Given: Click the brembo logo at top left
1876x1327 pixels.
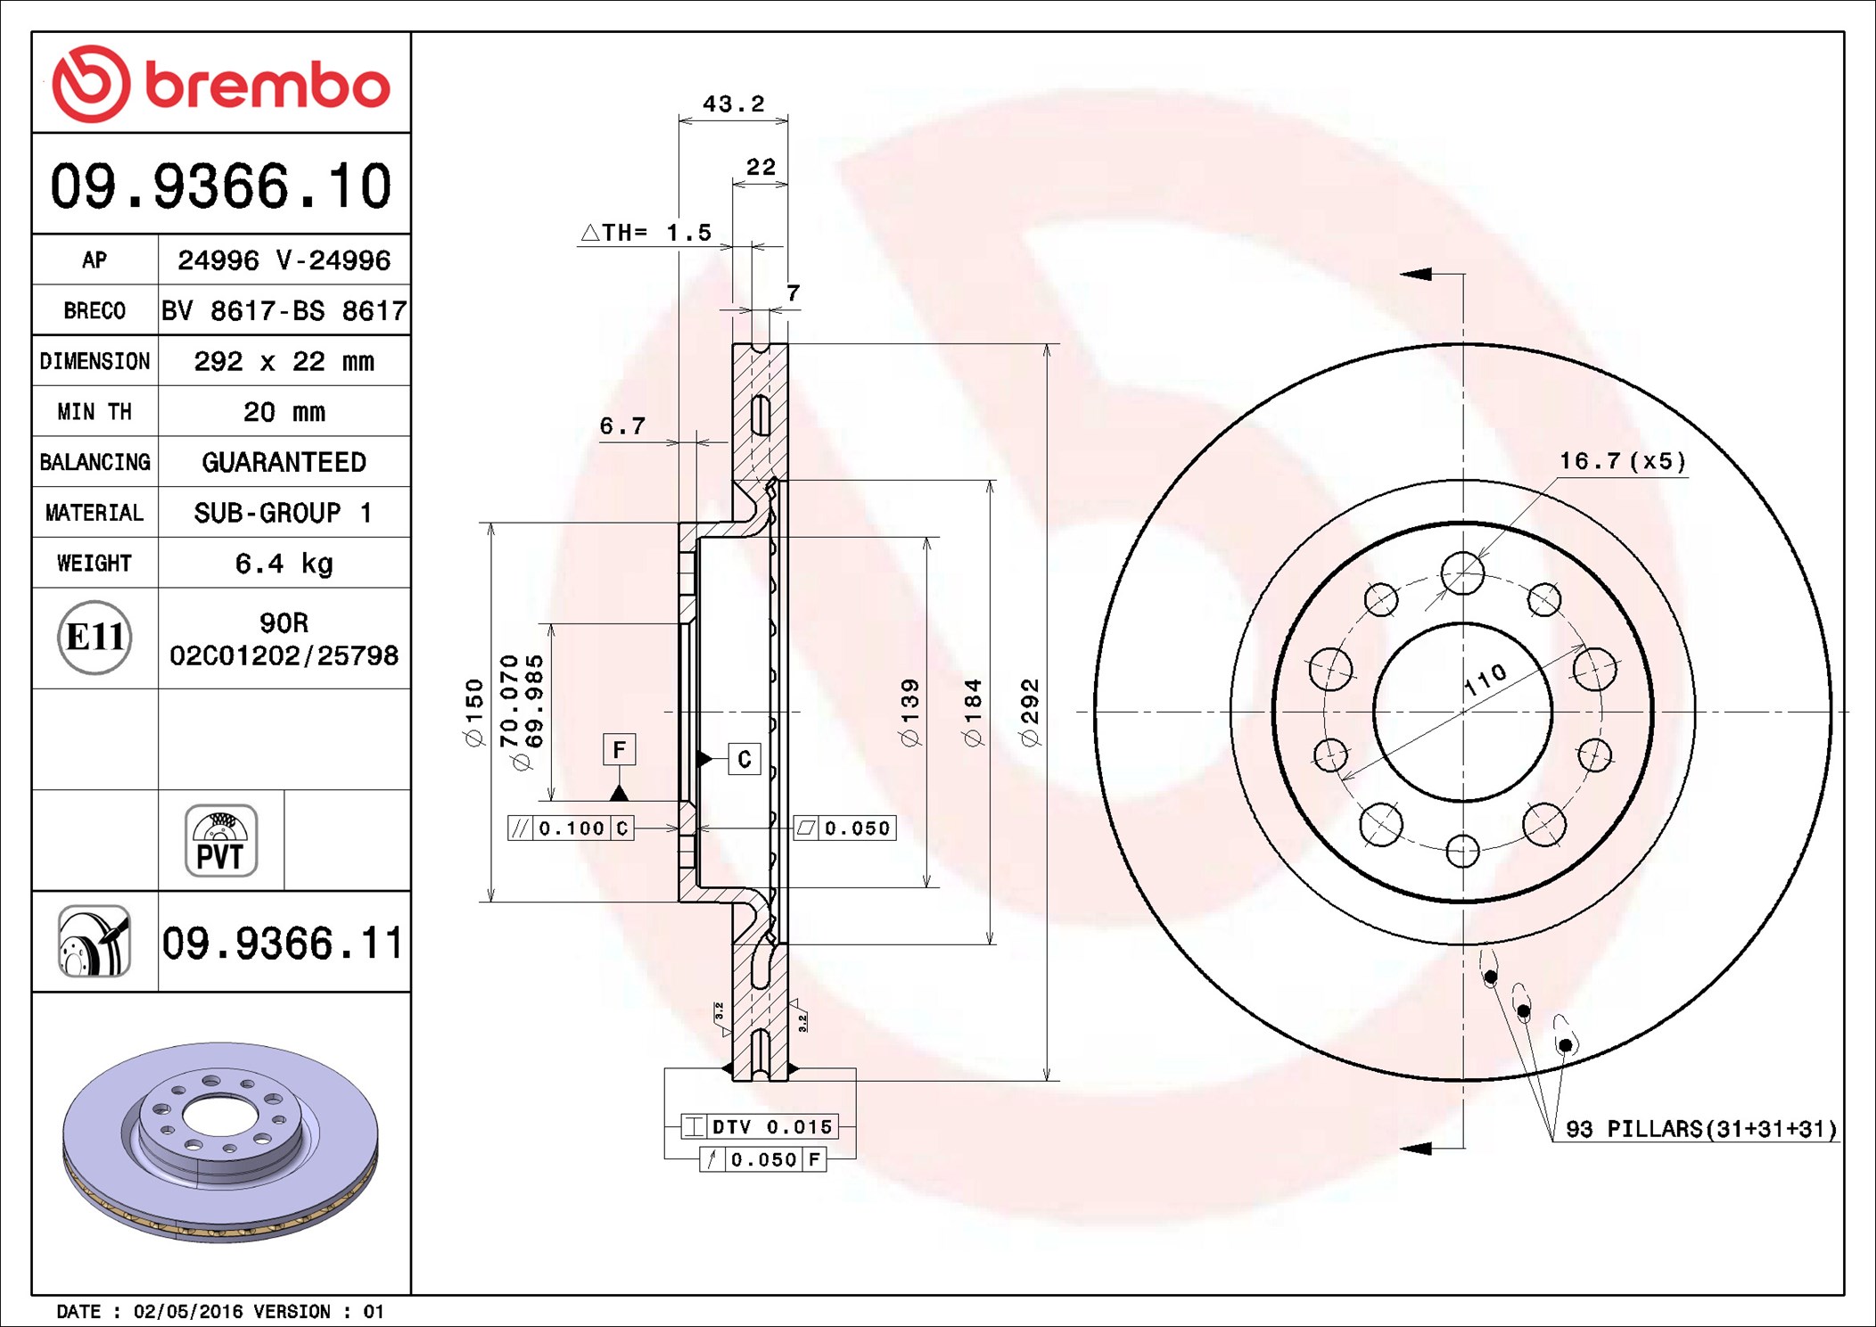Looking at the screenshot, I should coord(221,84).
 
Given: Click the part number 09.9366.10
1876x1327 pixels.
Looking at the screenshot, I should coord(221,186).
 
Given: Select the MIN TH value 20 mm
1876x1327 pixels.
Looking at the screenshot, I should coord(284,412).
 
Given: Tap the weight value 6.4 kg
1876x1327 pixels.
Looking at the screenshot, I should coord(284,564).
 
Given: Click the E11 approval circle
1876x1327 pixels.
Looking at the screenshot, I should coord(95,637).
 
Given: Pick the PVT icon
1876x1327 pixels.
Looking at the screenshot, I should coord(221,840).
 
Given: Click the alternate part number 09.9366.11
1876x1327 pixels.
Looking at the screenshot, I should coord(282,944).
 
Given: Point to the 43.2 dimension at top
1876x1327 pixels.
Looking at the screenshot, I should coord(733,104).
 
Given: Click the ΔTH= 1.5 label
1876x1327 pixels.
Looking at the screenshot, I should coord(647,233).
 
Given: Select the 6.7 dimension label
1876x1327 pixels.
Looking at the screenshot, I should coord(622,426).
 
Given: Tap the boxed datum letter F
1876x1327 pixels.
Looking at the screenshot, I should coord(619,749).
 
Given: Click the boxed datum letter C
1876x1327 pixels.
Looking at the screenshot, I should coord(745,759).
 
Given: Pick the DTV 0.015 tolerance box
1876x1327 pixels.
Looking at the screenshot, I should coord(760,1126).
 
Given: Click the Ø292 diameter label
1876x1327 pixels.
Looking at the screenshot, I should coord(1030,712).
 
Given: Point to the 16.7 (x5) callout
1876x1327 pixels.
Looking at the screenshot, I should coord(1622,461).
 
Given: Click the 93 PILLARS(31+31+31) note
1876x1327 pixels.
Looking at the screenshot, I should coord(1701,1129).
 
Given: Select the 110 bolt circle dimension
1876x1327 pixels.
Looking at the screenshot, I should coord(1485,680).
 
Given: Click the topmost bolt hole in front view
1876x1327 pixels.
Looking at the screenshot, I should coord(1462,573).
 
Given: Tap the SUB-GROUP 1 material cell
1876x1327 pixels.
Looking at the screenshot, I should coord(284,513).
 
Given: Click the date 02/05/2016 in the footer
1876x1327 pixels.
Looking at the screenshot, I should coord(188,1312).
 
